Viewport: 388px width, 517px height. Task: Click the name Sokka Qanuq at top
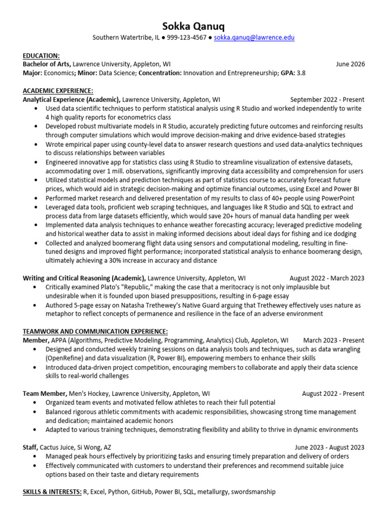[x=194, y=26]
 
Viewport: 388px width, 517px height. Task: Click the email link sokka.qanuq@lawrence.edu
[x=254, y=38]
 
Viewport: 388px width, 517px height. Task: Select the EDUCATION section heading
[x=41, y=56]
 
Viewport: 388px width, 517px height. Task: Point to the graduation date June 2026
[x=350, y=64]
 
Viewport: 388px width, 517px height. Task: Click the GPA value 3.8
[x=301, y=73]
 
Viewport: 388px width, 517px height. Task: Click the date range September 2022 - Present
[x=327, y=99]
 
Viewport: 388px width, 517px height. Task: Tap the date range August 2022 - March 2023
[x=327, y=278]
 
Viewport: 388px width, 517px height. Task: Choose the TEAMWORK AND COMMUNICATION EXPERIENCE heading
[x=95, y=331]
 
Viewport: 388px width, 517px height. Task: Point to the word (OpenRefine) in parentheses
[x=64, y=358]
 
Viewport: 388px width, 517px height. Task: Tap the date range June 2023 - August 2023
[x=330, y=447]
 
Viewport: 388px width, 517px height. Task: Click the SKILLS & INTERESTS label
[x=52, y=491]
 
